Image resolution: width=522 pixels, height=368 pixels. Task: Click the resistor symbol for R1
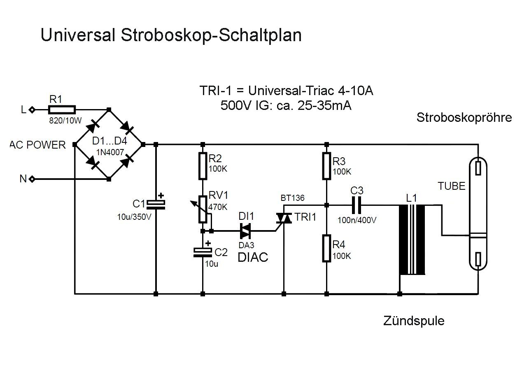tap(62, 109)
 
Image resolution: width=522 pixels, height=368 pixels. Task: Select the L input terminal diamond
tap(33, 109)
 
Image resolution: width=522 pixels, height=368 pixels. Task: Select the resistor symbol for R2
tap(203, 166)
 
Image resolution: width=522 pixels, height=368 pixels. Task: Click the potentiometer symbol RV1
tap(203, 209)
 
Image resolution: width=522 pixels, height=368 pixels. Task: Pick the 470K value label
tap(218, 207)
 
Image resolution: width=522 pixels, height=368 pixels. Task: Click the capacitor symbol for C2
tap(203, 252)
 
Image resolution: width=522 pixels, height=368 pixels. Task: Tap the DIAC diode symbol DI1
tap(245, 231)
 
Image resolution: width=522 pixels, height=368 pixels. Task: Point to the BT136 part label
tap(293, 198)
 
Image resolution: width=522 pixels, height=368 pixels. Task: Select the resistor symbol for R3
tap(326, 166)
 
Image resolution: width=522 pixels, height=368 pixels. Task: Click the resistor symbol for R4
tap(326, 248)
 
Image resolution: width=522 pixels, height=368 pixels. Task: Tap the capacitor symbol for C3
tap(356, 204)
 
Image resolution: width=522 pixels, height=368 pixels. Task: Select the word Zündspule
tap(414, 321)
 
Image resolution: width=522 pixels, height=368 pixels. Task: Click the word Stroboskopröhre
tap(464, 117)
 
